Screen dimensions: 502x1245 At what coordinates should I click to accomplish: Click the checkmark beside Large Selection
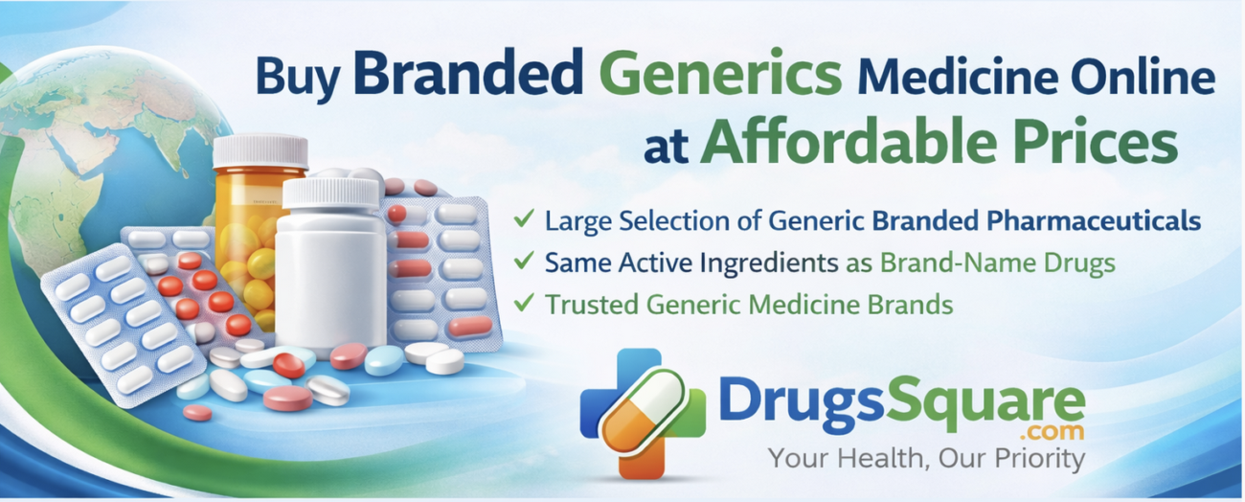tap(524, 220)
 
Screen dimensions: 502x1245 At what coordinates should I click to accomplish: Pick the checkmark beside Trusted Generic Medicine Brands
tap(524, 304)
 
